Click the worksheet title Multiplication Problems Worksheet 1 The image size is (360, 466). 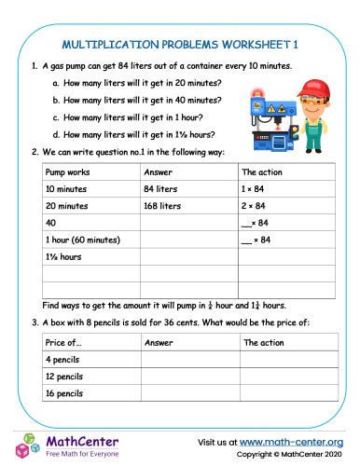click(180, 43)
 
